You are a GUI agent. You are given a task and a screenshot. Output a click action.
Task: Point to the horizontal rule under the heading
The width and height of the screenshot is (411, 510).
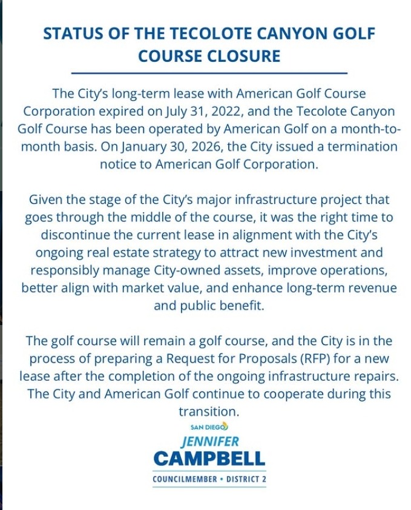209,73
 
